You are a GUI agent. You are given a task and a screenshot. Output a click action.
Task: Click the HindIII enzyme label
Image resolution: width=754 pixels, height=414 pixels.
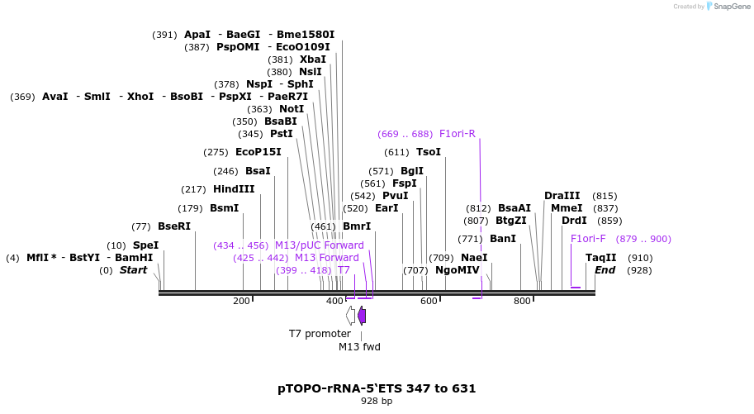pyautogui.click(x=234, y=189)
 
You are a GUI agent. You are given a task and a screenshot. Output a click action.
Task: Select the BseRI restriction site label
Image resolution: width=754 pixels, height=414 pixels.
pyautogui.click(x=173, y=226)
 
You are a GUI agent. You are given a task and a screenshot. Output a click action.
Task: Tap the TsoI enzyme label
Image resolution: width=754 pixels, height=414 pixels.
pyautogui.click(x=428, y=152)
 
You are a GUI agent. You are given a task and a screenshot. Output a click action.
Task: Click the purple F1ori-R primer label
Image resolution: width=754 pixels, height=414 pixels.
pyautogui.click(x=457, y=134)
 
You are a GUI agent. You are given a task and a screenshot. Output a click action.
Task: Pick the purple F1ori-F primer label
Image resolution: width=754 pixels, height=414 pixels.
pyautogui.click(x=588, y=239)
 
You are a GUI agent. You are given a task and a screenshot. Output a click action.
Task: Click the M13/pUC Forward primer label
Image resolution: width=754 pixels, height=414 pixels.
pyautogui.click(x=319, y=245)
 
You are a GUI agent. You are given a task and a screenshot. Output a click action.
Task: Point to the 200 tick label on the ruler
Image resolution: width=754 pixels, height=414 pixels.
pyautogui.click(x=241, y=302)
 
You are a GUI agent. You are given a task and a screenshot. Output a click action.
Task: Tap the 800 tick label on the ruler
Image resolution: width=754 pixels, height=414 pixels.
pyautogui.click(x=522, y=302)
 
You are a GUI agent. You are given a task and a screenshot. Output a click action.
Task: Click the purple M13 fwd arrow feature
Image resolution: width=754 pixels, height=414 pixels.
pyautogui.click(x=362, y=315)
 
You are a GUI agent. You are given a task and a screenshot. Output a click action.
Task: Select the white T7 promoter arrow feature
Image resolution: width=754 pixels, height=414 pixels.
pyautogui.click(x=351, y=315)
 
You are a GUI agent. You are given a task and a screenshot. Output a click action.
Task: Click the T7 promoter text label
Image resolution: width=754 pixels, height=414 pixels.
pyautogui.click(x=320, y=334)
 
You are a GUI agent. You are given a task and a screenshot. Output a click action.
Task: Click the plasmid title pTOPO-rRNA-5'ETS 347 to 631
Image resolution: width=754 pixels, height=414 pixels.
pyautogui.click(x=377, y=388)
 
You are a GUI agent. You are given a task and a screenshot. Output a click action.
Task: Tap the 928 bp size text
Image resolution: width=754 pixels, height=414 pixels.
pyautogui.click(x=377, y=402)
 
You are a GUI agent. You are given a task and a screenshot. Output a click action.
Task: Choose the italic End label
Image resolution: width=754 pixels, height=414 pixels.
pyautogui.click(x=605, y=270)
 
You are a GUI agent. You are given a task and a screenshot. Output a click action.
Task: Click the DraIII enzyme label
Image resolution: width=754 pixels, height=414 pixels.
pyautogui.click(x=562, y=196)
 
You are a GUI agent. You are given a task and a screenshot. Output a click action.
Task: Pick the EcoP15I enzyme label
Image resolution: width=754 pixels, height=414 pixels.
pyautogui.click(x=258, y=152)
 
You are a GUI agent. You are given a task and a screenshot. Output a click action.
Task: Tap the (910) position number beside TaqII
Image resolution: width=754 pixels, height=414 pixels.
pyautogui.click(x=639, y=258)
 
